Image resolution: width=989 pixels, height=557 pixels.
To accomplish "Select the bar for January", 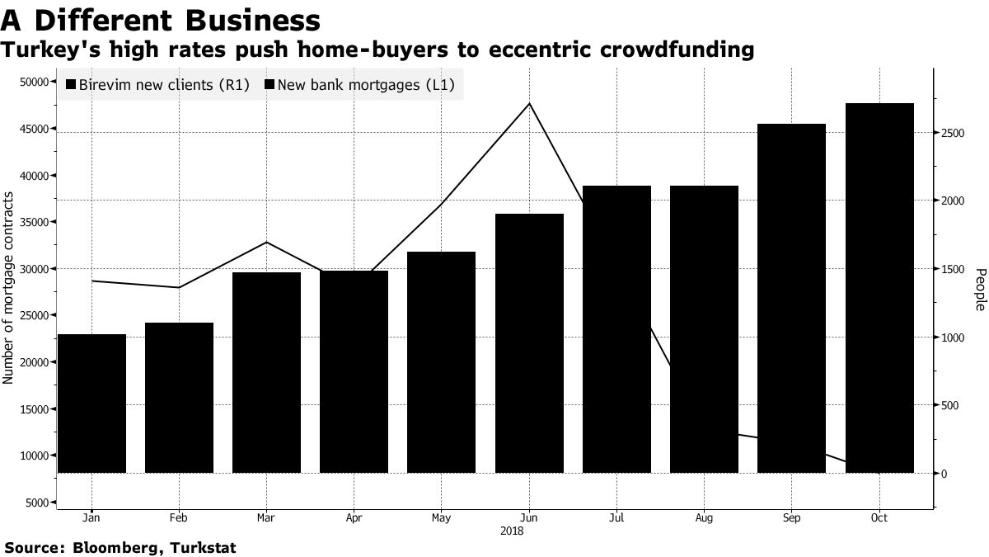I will pyautogui.click(x=91, y=404).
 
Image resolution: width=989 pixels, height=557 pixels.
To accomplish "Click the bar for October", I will pyautogui.click(x=879, y=288).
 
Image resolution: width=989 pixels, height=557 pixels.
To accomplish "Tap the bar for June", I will pyautogui.click(x=529, y=343).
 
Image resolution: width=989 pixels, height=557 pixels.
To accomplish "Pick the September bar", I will pyautogui.click(x=791, y=298).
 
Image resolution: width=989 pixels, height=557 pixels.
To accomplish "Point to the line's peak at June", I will pyautogui.click(x=529, y=103).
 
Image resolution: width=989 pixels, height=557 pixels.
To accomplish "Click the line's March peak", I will pyautogui.click(x=267, y=242).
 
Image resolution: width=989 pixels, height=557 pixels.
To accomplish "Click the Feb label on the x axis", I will pyautogui.click(x=179, y=518).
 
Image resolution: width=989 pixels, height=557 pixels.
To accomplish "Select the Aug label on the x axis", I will pyautogui.click(x=704, y=518).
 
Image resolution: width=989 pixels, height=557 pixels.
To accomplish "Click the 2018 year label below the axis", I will pyautogui.click(x=512, y=531).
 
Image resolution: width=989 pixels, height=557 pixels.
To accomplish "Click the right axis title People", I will pyautogui.click(x=979, y=289).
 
